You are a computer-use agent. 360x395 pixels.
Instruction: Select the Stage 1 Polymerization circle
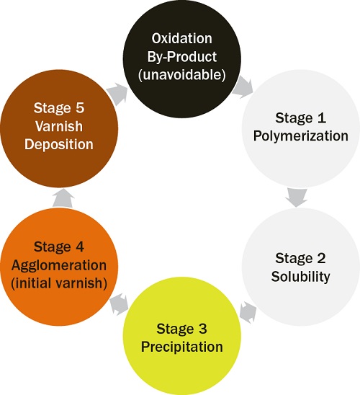pos(301,126)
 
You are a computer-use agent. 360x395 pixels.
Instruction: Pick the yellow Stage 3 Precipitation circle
pos(181,337)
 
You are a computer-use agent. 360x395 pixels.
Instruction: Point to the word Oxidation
pos(181,37)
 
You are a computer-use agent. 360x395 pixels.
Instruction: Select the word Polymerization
pos(302,136)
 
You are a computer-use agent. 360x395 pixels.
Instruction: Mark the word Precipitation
pos(181,347)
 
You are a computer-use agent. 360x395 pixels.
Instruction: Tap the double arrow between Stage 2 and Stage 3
pos(247,312)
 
